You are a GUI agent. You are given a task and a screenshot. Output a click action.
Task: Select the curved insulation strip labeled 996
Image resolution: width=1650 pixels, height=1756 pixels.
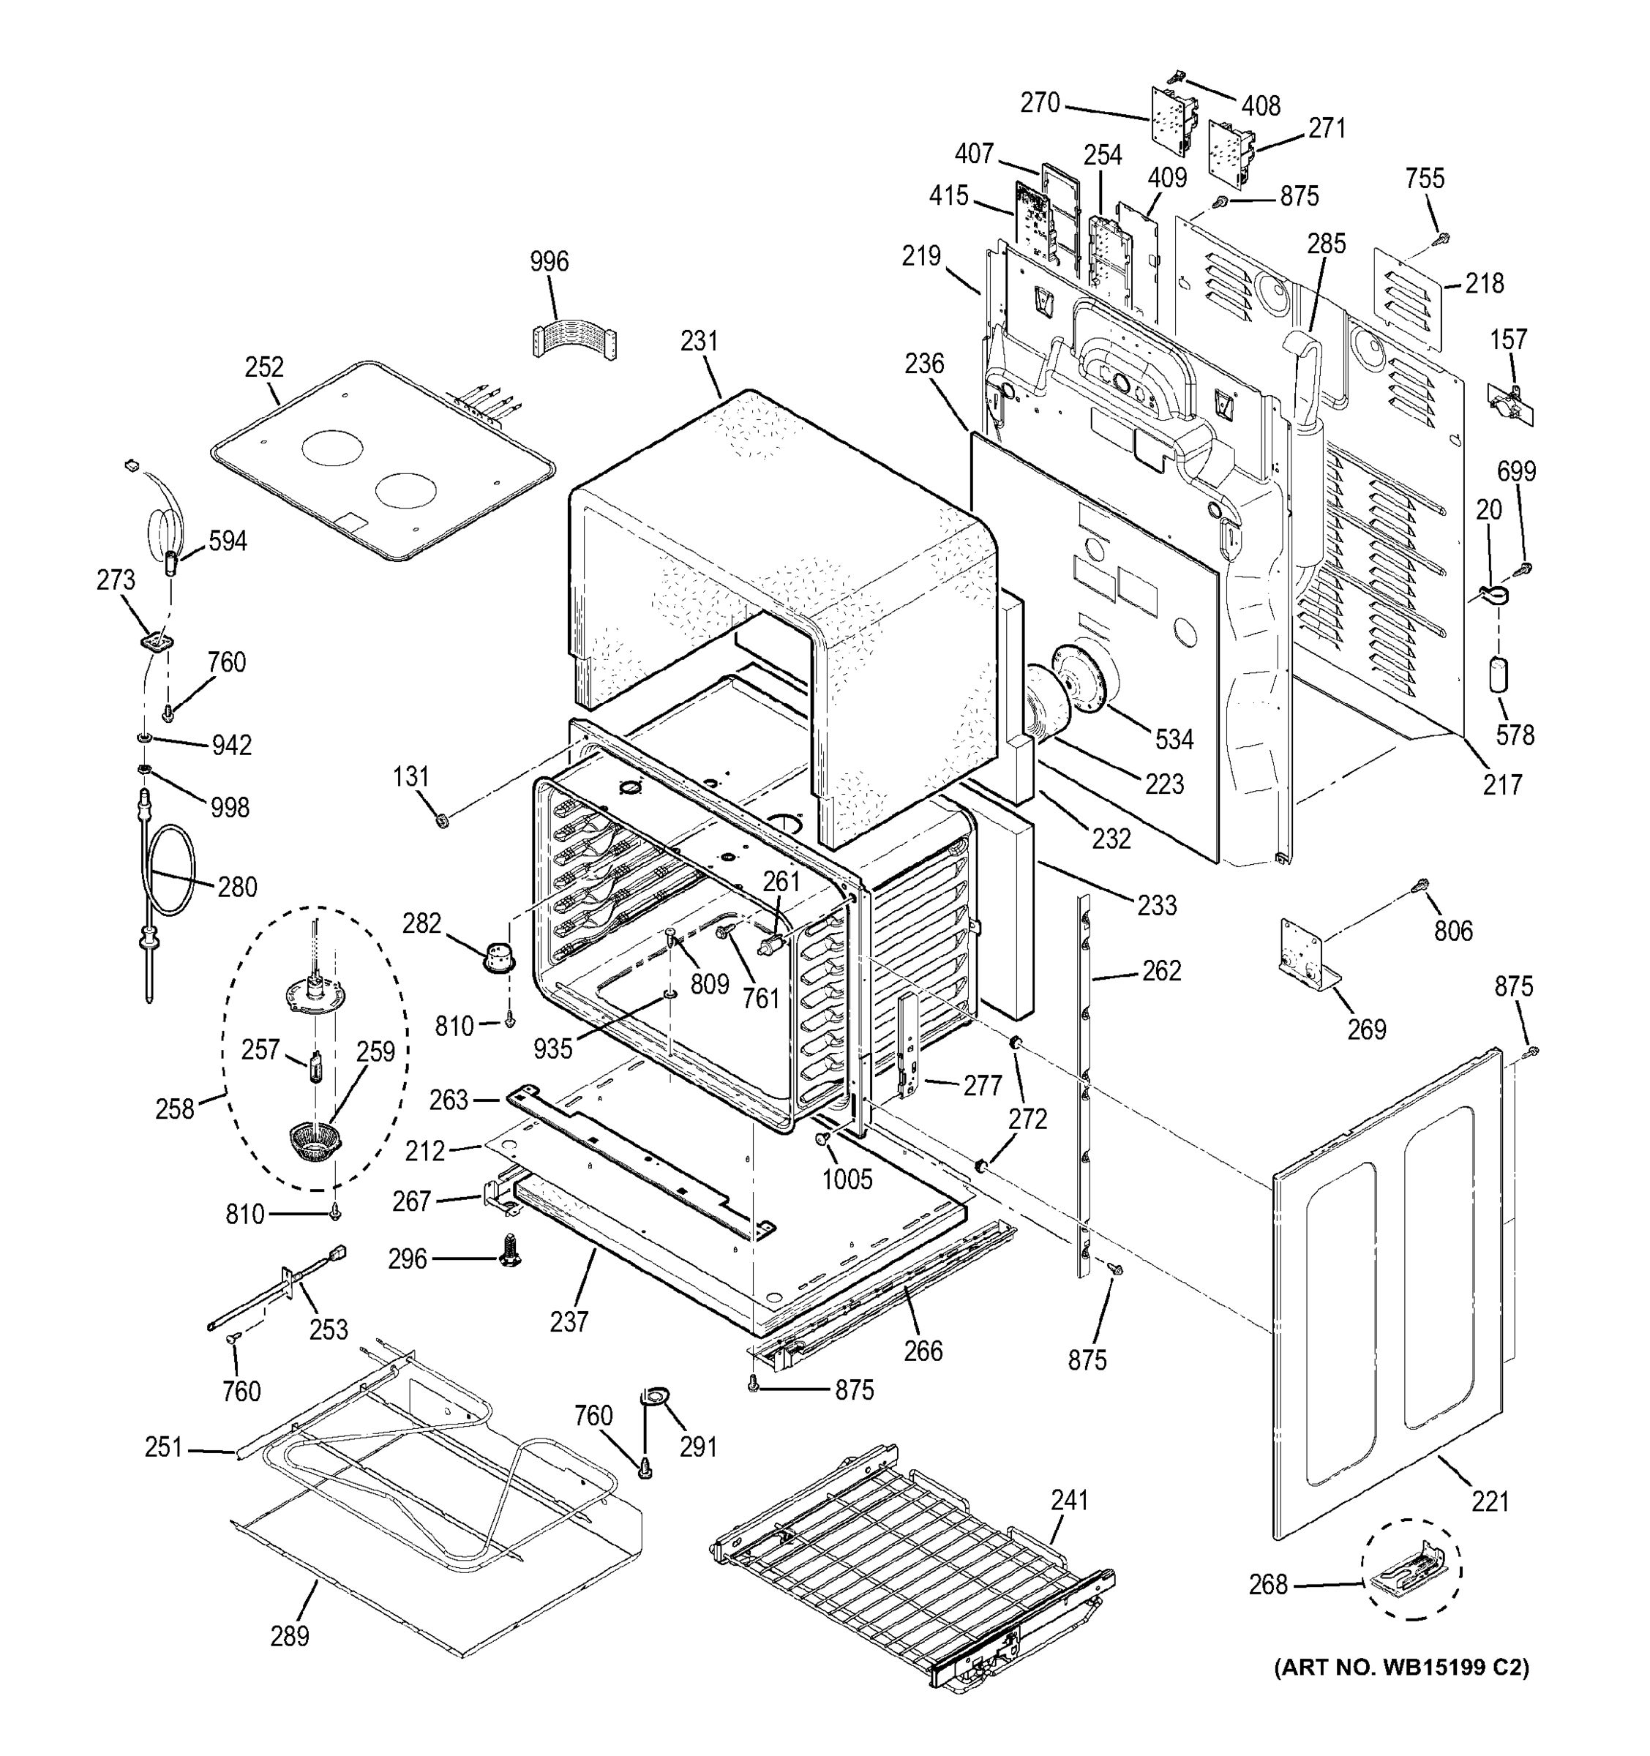tap(574, 338)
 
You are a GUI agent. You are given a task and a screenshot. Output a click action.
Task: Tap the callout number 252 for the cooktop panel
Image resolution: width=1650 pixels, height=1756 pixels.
tap(264, 367)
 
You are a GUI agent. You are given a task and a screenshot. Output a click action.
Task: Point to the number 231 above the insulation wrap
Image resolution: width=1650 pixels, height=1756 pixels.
tap(699, 341)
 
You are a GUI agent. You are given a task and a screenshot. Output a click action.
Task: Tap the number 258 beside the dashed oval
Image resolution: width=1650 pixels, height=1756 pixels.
tap(174, 1108)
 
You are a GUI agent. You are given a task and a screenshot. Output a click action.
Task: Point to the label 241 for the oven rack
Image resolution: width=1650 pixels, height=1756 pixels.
tap(1069, 1499)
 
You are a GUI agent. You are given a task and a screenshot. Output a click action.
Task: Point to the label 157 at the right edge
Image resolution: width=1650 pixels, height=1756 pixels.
tap(1508, 339)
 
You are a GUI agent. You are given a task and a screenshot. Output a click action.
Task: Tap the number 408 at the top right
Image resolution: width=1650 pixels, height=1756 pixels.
tap(1261, 106)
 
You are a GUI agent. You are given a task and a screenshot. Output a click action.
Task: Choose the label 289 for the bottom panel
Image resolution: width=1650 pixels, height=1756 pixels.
tap(289, 1636)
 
